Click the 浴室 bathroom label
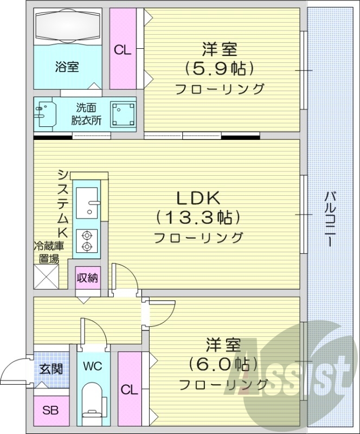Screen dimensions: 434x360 67,67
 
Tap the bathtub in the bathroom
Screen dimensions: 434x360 68,27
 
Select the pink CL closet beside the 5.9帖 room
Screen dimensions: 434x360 123,49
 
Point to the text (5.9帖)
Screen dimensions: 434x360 220,69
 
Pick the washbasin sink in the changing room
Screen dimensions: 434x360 45,114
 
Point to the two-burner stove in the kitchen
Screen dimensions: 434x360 86,240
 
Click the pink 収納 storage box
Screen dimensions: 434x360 87,278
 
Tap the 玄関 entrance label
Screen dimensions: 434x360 51,369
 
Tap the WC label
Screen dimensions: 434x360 92,365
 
